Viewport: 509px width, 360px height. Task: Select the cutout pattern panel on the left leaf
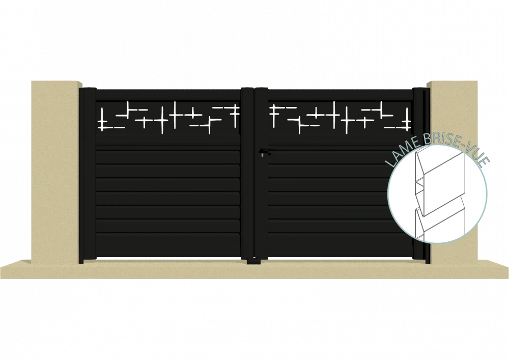[168, 117]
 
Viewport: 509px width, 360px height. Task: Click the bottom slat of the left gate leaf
[168, 244]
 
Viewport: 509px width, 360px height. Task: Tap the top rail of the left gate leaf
[168, 95]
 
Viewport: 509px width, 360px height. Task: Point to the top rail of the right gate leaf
[340, 95]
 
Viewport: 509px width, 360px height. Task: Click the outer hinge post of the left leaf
[88, 175]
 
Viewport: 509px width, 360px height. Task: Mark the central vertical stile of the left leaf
[247, 173]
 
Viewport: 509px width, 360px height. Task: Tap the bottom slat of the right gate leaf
[340, 244]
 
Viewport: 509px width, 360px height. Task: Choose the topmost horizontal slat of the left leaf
[168, 156]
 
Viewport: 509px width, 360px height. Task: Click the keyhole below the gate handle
[262, 155]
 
